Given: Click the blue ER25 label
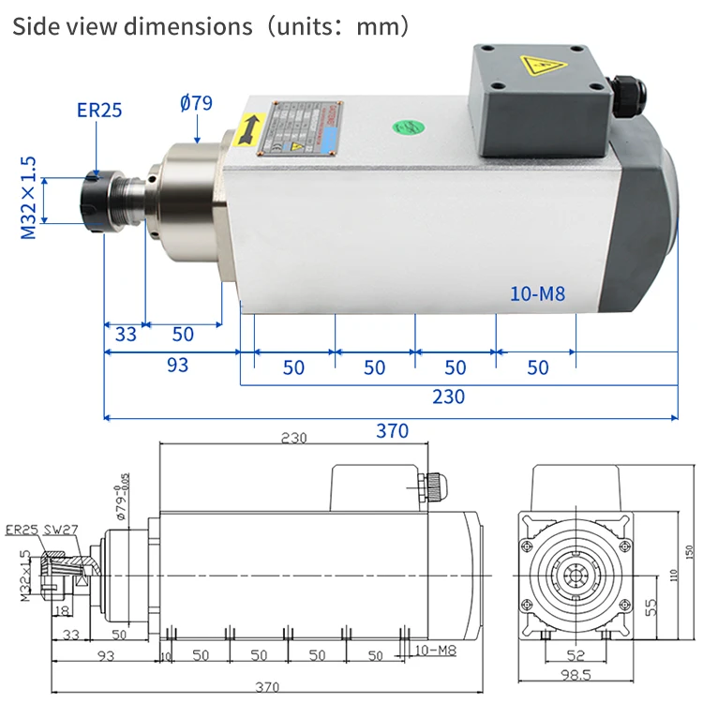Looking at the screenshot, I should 99,111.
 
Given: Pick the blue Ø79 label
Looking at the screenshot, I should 196,102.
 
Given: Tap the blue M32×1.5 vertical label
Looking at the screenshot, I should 29,199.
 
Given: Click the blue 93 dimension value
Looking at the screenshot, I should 177,365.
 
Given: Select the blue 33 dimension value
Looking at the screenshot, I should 126,335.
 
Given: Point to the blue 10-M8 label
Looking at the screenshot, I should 538,294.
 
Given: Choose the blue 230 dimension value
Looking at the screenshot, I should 448,396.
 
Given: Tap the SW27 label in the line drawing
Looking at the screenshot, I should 62,531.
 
